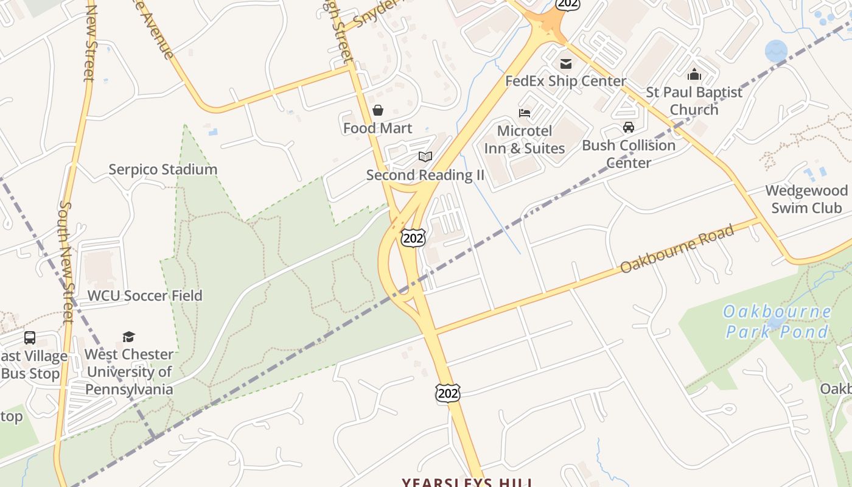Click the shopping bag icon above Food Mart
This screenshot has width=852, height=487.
tap(378, 110)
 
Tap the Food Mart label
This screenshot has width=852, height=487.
tap(377, 128)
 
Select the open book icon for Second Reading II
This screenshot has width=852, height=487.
tap(425, 157)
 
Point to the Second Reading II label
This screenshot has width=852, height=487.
tap(425, 175)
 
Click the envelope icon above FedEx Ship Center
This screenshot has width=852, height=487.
tap(566, 64)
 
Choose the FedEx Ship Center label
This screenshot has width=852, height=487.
tap(565, 81)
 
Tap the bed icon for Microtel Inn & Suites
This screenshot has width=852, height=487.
tap(525, 113)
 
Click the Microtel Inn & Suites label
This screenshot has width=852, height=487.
tap(525, 139)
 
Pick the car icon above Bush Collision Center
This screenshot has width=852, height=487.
tap(629, 127)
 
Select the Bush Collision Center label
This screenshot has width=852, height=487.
tap(629, 154)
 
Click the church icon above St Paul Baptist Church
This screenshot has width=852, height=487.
tap(694, 75)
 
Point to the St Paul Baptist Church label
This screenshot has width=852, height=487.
tap(694, 101)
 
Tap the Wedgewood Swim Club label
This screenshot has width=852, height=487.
tap(806, 199)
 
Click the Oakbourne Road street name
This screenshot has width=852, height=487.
tap(677, 249)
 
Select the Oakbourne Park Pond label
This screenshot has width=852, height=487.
tap(777, 321)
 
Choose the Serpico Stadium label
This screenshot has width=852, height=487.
tap(162, 170)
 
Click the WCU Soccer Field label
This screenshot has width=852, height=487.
tap(145, 296)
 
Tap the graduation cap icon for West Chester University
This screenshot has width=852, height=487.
tap(128, 337)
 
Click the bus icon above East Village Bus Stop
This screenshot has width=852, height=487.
tap(30, 337)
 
